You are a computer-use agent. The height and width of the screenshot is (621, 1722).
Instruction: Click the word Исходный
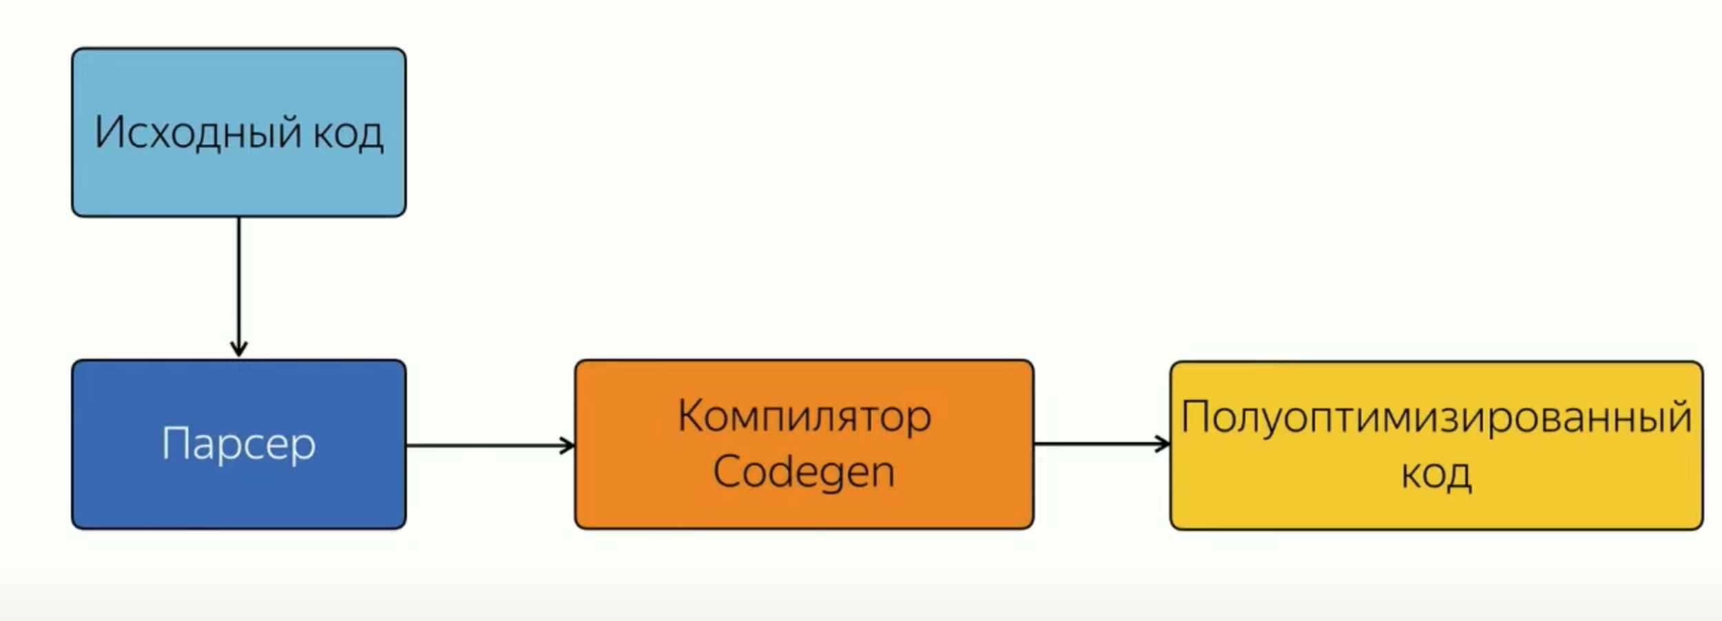point(198,132)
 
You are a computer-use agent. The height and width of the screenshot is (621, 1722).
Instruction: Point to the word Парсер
point(238,443)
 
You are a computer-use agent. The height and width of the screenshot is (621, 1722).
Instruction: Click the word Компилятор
point(804,417)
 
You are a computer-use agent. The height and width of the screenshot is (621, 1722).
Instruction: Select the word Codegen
point(804,473)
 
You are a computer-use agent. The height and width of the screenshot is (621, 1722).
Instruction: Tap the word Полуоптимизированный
point(1436,417)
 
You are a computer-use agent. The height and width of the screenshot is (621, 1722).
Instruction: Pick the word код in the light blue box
point(348,134)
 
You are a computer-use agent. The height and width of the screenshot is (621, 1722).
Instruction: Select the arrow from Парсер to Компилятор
point(489,445)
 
